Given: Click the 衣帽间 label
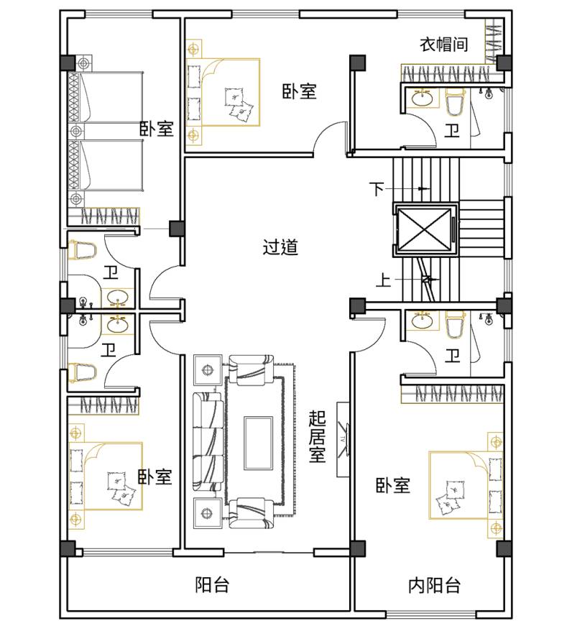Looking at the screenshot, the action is pyautogui.click(x=443, y=44).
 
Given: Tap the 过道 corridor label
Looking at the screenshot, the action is pyautogui.click(x=280, y=247).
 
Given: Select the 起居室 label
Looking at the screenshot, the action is pyautogui.click(x=317, y=437).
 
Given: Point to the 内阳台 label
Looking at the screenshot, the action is pyautogui.click(x=435, y=586).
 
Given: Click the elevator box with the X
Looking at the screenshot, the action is pyautogui.click(x=425, y=230).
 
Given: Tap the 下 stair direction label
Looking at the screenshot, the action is pyautogui.click(x=377, y=189).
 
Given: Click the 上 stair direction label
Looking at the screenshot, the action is pyautogui.click(x=383, y=280).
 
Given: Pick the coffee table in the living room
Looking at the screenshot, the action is pyautogui.click(x=258, y=443).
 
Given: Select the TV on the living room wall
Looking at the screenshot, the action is pyautogui.click(x=344, y=439).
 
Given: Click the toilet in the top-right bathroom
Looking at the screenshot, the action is pyautogui.click(x=455, y=103).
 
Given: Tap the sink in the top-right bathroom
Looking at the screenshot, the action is pyautogui.click(x=422, y=98).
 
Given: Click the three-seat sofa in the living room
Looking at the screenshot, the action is pyautogui.click(x=208, y=442).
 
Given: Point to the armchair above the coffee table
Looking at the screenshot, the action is pyautogui.click(x=251, y=370).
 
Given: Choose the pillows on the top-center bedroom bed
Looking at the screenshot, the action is pyautogui.click(x=239, y=103).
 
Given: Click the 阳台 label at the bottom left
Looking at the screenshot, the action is pyautogui.click(x=212, y=585).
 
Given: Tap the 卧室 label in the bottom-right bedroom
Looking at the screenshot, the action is pyautogui.click(x=393, y=485).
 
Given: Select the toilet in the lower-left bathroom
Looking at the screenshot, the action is pyautogui.click(x=82, y=372).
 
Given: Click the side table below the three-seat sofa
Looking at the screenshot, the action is pyautogui.click(x=208, y=513).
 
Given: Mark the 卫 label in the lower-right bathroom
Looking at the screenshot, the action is pyautogui.click(x=452, y=355).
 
